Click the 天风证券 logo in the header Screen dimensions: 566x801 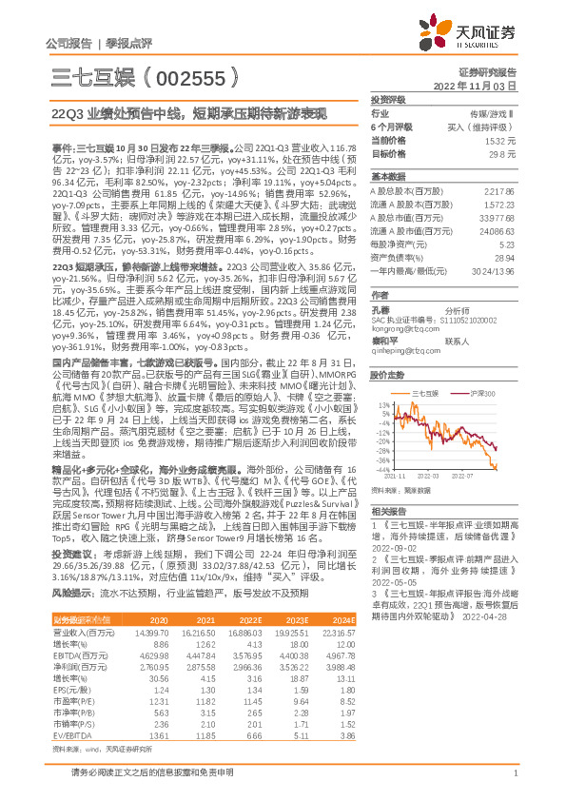(x=477, y=35)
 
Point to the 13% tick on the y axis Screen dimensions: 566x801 (x=381, y=403)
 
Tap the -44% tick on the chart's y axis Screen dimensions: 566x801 (x=380, y=469)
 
